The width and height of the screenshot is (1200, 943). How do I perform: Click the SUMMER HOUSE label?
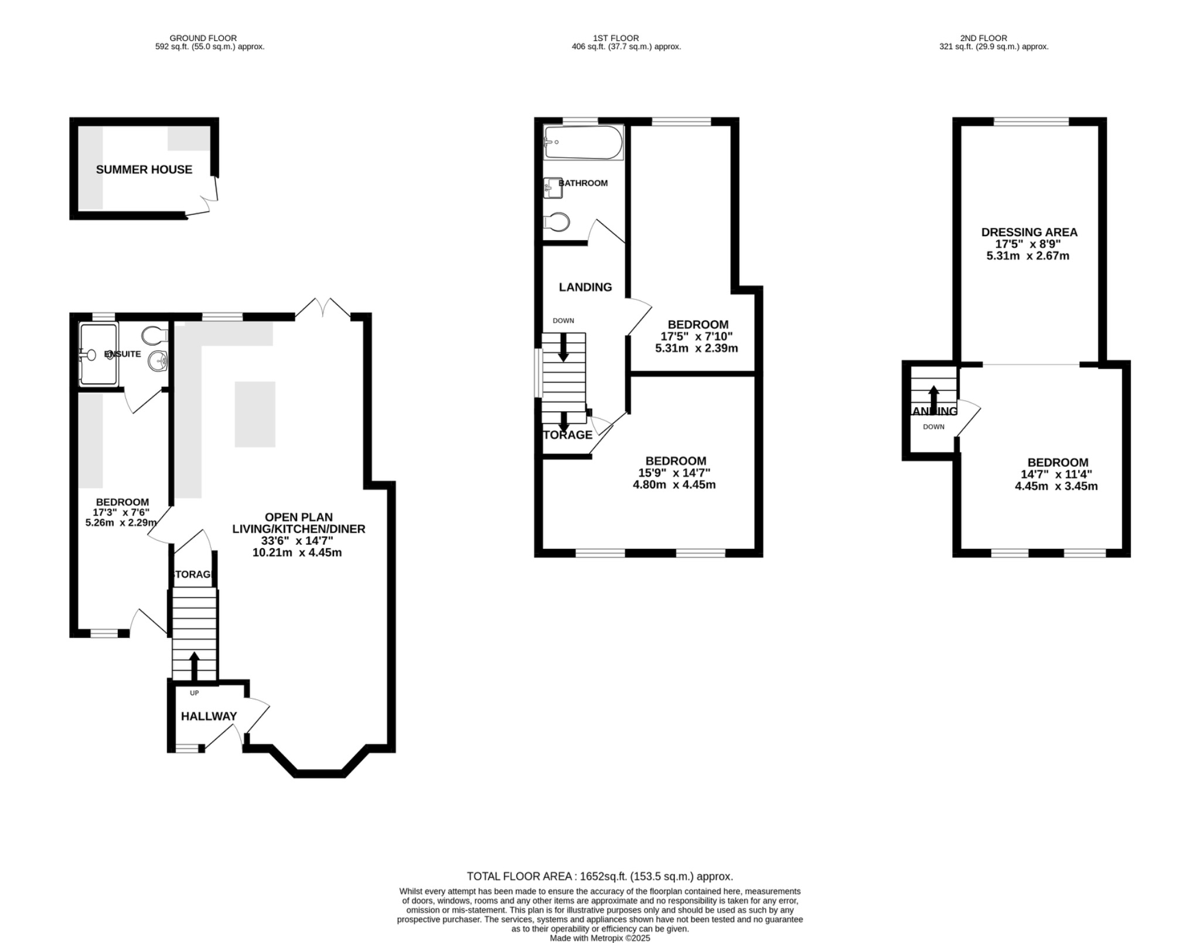[144, 170]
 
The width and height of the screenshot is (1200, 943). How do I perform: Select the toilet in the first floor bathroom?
[556, 222]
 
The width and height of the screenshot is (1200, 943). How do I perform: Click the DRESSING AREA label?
[1029, 233]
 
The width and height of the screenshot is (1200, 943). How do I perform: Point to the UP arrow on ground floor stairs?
[193, 664]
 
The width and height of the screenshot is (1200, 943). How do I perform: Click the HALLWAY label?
[209, 716]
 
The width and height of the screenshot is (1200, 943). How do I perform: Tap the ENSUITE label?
[122, 354]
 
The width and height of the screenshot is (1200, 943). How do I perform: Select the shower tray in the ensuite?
[98, 354]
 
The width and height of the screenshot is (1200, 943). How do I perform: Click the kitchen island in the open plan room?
[255, 414]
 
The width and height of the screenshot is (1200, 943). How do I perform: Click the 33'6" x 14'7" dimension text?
[297, 541]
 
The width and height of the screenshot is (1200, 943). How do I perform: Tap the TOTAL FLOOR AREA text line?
[599, 876]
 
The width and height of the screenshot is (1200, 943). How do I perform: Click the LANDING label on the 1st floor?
[585, 287]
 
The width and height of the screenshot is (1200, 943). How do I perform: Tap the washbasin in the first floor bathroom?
[552, 187]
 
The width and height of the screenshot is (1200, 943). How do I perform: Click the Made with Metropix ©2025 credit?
[599, 938]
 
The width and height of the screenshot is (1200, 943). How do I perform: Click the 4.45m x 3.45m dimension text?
[1056, 486]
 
